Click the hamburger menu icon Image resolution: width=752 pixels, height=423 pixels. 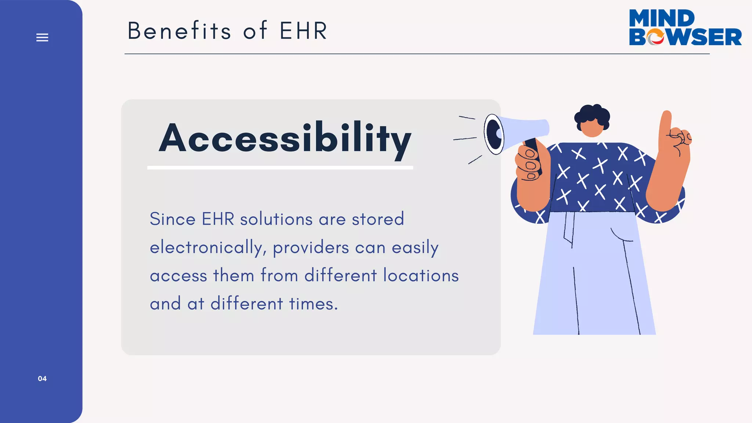42,37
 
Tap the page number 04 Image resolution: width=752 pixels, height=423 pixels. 42,379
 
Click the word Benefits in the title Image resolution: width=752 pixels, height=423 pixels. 179,31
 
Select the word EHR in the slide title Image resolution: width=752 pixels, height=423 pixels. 303,31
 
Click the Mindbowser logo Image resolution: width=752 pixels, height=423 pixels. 685,28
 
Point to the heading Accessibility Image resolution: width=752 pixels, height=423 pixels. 285,139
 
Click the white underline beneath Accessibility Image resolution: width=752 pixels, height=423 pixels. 280,168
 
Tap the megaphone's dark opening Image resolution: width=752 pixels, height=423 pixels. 494,134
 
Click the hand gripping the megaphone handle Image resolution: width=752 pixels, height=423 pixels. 530,165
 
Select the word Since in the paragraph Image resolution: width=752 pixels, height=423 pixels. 173,219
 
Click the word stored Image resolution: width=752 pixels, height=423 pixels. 378,219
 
